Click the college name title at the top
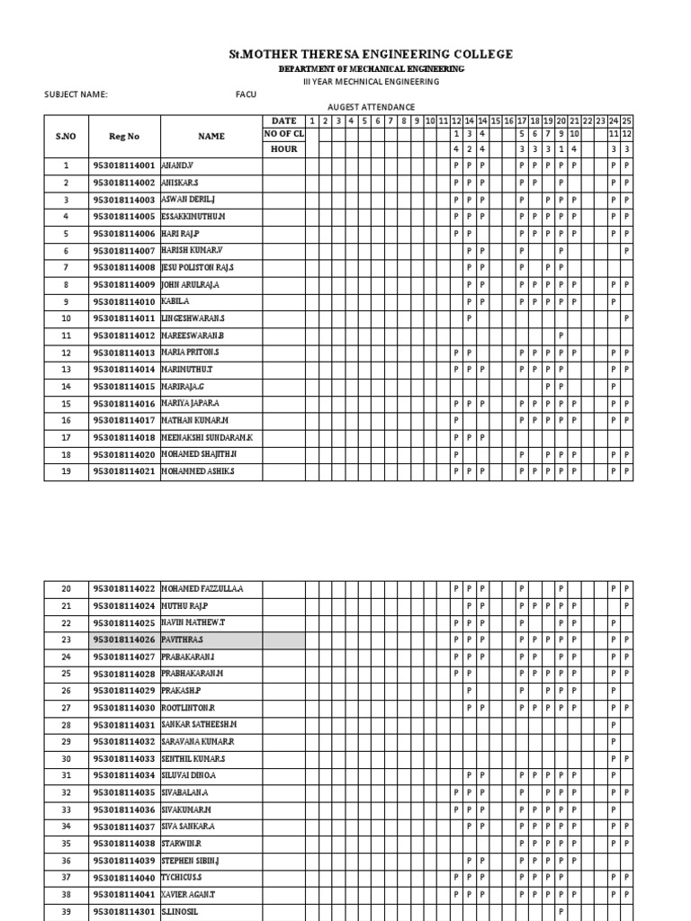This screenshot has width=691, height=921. [x=371, y=55]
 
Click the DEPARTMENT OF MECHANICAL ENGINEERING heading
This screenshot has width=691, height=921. [x=371, y=69]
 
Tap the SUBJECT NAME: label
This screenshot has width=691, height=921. [x=76, y=94]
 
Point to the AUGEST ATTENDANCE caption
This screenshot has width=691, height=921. [x=371, y=106]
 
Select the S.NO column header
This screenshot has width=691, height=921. [x=66, y=137]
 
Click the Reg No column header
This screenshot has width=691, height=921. [x=124, y=137]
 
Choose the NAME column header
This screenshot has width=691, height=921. [x=211, y=137]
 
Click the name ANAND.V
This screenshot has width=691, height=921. [x=179, y=165]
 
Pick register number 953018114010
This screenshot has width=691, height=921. [x=124, y=301]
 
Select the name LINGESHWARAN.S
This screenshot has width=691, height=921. [x=193, y=318]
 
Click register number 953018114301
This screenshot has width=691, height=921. [x=124, y=911]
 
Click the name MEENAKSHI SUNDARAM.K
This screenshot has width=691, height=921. [x=207, y=437]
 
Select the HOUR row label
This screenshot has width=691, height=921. [x=283, y=148]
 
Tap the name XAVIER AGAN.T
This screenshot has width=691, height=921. [x=188, y=894]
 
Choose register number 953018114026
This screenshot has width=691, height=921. [x=124, y=640]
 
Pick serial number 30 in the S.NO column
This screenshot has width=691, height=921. [x=66, y=758]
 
